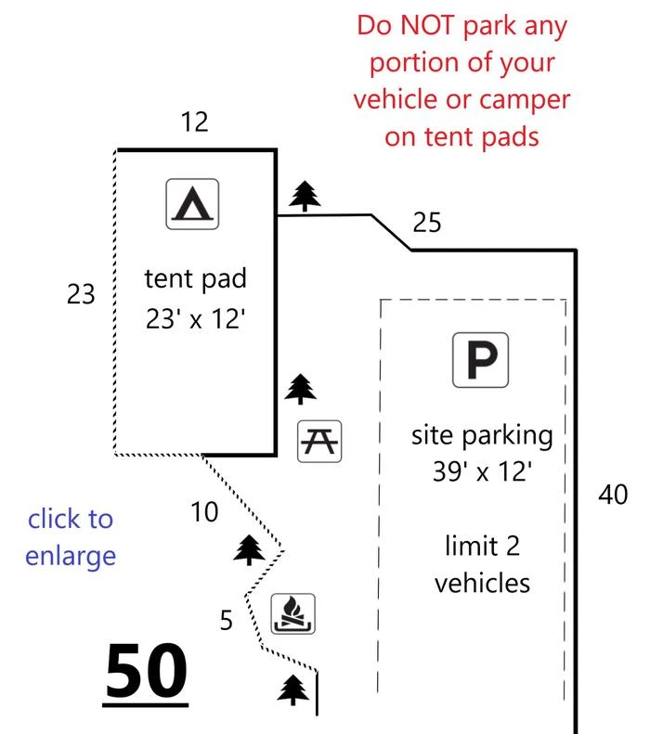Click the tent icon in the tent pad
point(192,203)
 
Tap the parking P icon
point(480,359)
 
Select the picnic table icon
point(319,442)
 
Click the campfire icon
point(293,613)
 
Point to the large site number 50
point(146,672)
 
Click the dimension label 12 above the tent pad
point(194,122)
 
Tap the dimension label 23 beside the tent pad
point(81,294)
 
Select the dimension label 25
point(426,223)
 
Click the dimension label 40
point(613,495)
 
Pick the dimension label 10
point(204,511)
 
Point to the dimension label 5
point(227,620)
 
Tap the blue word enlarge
point(71,557)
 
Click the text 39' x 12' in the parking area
point(482,471)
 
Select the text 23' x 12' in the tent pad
point(195,319)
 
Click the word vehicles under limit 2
point(482,584)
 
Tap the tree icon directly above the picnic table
point(301,389)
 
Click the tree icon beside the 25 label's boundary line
point(305,196)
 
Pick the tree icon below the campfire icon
point(293,690)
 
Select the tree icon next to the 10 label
point(249,549)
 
